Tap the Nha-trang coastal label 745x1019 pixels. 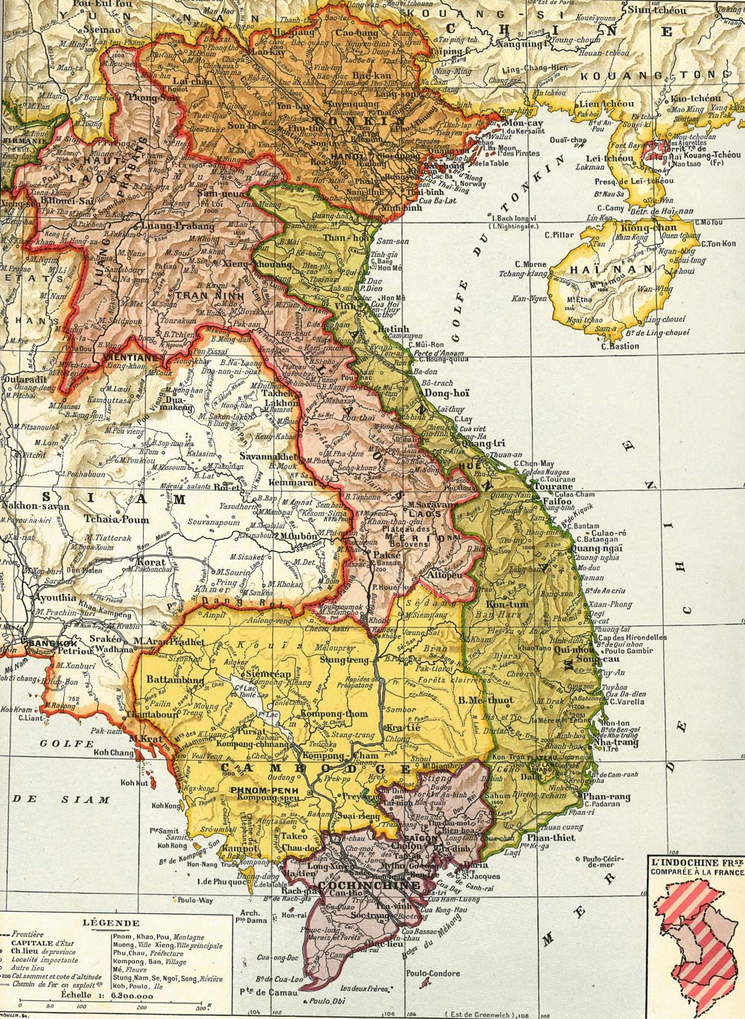click(x=618, y=742)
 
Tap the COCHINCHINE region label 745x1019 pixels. click(x=356, y=886)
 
